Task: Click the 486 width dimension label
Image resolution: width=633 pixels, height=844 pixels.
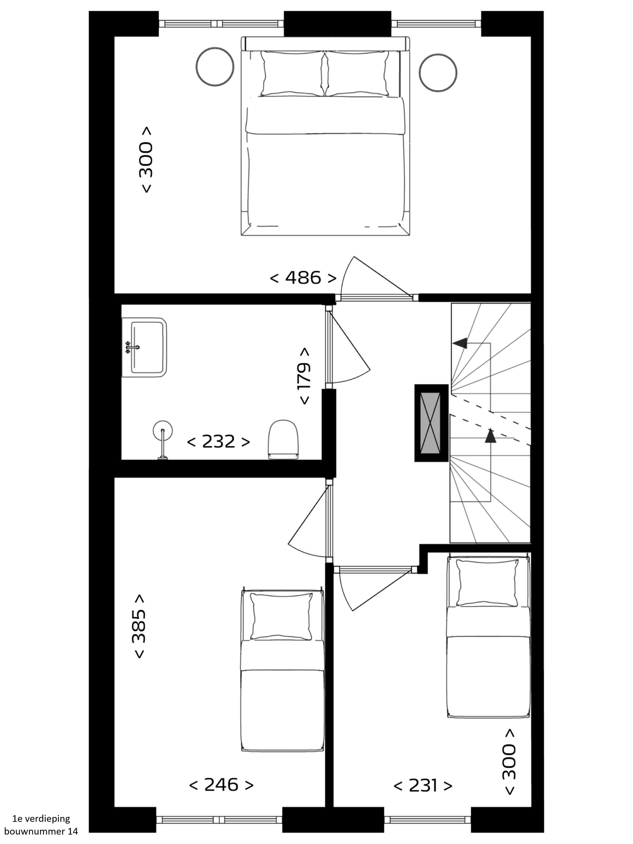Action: [303, 278]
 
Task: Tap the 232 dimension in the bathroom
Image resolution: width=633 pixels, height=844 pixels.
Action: [218, 441]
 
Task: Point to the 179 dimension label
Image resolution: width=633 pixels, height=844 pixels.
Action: [304, 376]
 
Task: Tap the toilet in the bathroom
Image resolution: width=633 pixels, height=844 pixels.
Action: [283, 440]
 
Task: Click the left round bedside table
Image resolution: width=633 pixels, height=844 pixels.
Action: [215, 67]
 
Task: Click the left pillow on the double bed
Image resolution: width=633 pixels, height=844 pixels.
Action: [292, 73]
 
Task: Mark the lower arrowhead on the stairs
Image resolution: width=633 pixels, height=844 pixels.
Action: [490, 436]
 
